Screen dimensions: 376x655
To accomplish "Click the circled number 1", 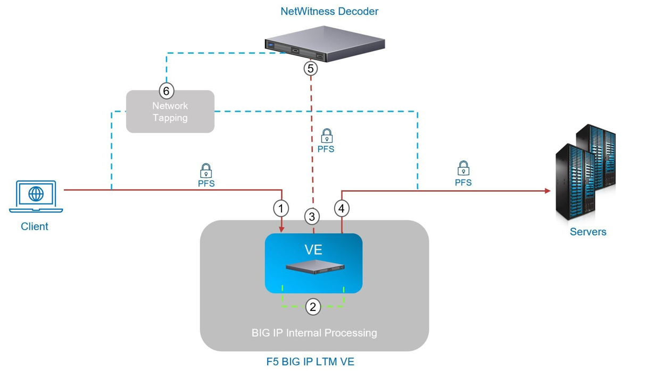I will click(281, 208).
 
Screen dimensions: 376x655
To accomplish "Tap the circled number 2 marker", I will click(313, 307).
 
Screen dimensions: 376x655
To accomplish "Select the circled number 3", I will click(312, 216).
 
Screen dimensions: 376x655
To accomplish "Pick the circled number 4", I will click(342, 208).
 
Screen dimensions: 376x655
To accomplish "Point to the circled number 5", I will click(310, 68).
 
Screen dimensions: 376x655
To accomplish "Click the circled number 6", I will click(167, 91).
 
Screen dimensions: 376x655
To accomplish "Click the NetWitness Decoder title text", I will click(329, 11).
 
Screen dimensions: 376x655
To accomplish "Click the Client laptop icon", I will click(36, 196).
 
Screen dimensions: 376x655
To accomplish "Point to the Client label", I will click(35, 226).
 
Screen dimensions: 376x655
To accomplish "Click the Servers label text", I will click(588, 232).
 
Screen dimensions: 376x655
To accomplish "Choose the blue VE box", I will click(313, 263).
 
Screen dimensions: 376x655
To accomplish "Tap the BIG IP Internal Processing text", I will click(314, 333).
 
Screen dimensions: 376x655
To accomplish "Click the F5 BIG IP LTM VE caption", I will click(310, 362).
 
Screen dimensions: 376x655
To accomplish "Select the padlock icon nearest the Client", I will click(206, 171).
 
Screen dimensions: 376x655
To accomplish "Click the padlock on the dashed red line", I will click(327, 136).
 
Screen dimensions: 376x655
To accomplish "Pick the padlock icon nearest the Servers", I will click(463, 168).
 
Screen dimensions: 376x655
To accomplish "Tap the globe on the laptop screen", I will click(36, 194).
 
